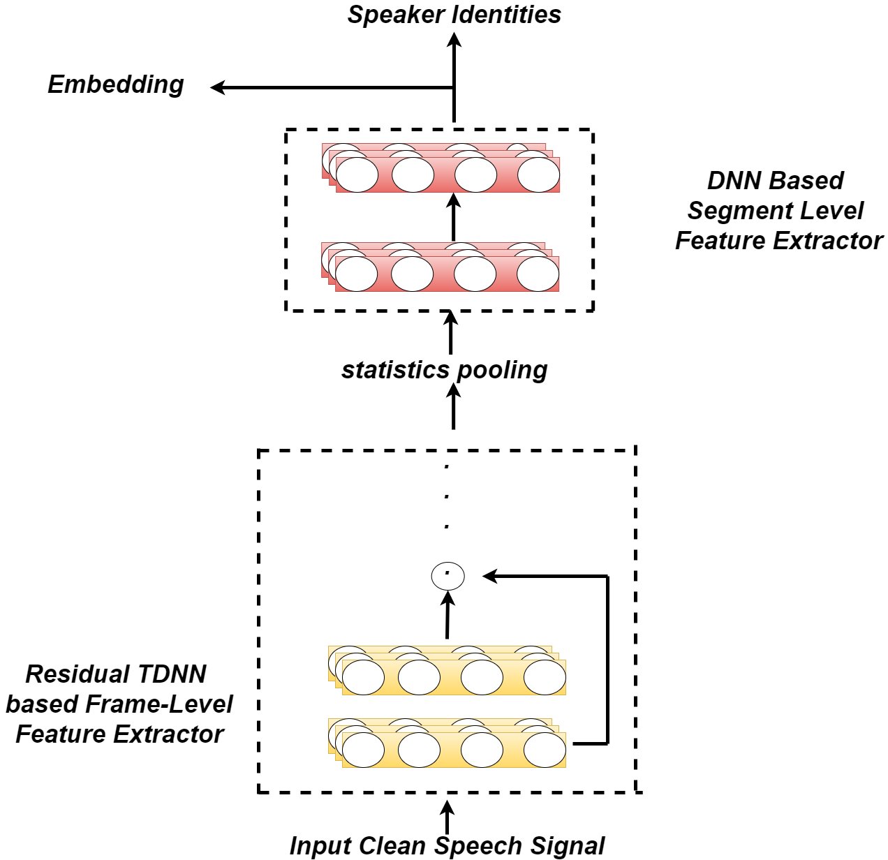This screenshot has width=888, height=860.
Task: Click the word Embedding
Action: click(115, 85)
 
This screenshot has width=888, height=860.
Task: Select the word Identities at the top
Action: click(506, 14)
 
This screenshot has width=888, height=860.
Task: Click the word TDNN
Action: click(172, 674)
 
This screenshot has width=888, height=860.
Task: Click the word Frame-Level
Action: click(159, 704)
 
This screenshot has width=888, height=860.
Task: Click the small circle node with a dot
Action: click(447, 576)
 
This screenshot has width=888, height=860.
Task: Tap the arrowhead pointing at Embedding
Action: click(217, 87)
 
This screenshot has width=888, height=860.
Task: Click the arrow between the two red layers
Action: click(452, 216)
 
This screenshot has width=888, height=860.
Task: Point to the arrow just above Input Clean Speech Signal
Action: click(447, 817)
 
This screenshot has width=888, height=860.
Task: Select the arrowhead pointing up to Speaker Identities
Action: click(454, 39)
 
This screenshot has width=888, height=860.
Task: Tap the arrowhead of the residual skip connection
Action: click(489, 576)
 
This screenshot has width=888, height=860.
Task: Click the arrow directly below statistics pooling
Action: click(453, 406)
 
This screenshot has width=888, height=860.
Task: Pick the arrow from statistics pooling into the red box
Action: click(451, 332)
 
